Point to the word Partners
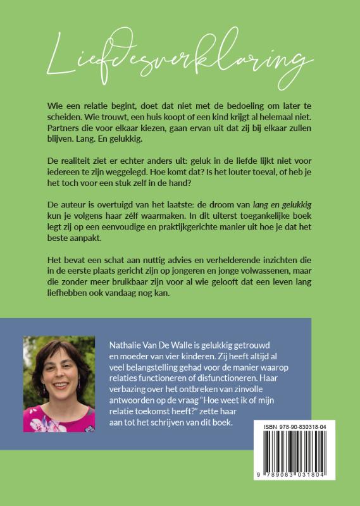coord(67,130)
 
